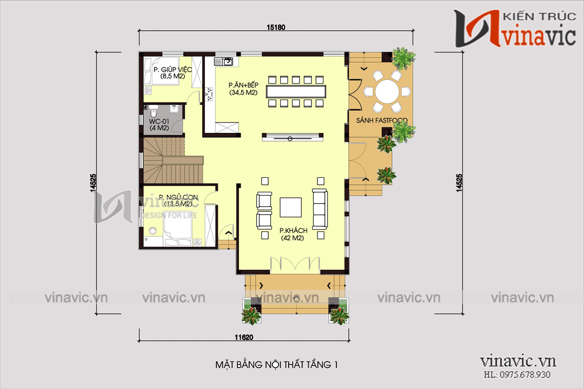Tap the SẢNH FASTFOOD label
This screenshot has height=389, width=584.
381,120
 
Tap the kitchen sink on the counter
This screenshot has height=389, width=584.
227,62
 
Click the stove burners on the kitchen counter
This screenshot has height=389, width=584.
208,95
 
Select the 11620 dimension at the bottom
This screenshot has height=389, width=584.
244,337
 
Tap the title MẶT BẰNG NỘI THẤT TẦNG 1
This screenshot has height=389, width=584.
276,365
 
